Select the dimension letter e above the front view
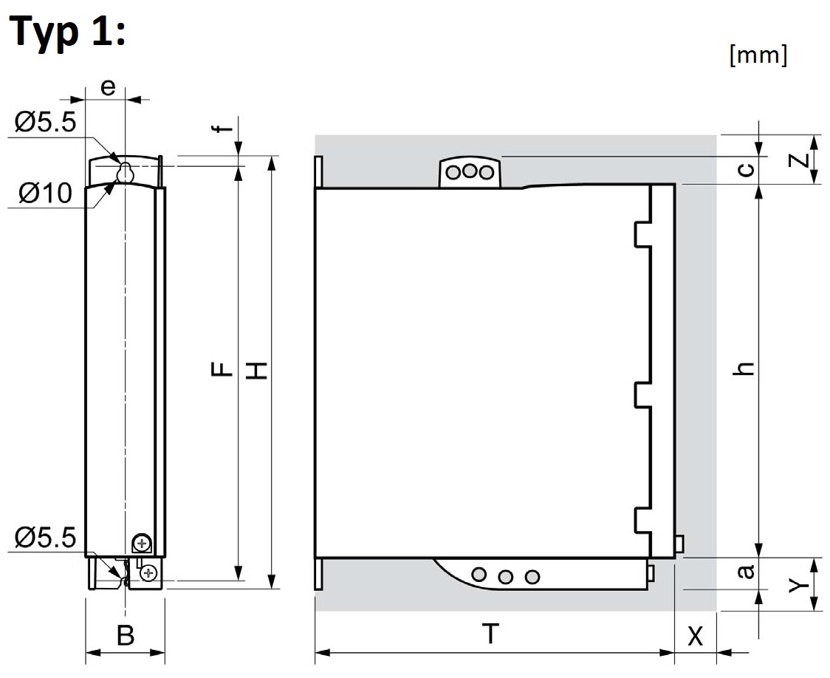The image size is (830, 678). coord(108,86)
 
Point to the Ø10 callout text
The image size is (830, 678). coord(46,194)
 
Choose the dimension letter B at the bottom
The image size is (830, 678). coord(126,636)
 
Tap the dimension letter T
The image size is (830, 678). coord(490,634)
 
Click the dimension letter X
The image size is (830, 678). coord(695,636)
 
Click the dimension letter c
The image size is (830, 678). coord(747,170)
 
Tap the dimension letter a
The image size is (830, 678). coord(747,571)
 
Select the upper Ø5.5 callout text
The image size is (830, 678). coord(44,122)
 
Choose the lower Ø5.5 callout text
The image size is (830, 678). coord(44,538)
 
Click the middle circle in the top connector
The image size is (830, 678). coord(470,172)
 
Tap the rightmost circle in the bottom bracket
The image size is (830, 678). coord(532,576)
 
